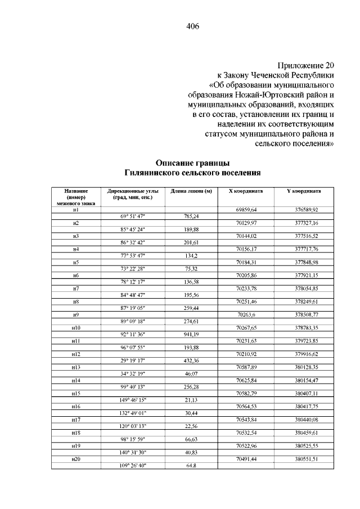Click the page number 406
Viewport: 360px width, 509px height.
pyautogui.click(x=192, y=26)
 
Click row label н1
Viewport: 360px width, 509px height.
pyautogui.click(x=76, y=209)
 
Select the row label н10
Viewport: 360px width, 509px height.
pyautogui.click(x=76, y=327)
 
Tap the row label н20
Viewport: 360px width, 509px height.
pyautogui.click(x=76, y=459)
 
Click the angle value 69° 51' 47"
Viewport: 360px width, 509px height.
pyautogui.click(x=132, y=216)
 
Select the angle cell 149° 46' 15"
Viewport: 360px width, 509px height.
pyautogui.click(x=132, y=399)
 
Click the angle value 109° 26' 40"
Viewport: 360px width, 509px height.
pyautogui.click(x=132, y=465)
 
